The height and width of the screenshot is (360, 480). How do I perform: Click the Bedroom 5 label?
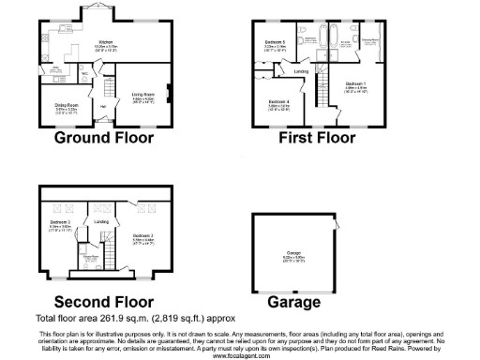click(275, 43)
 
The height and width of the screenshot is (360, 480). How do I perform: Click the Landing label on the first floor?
click(301, 71)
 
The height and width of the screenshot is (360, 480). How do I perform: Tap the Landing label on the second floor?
click(101, 221)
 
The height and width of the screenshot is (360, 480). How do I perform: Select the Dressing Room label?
click(368, 39)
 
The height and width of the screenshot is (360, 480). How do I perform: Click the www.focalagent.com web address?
click(241, 355)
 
